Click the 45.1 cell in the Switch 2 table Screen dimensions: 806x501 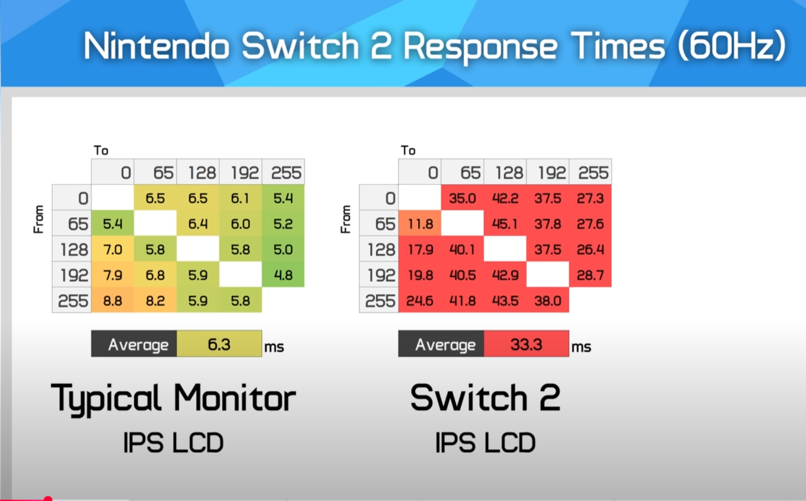pos(505,224)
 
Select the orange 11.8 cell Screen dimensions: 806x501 pos(419,224)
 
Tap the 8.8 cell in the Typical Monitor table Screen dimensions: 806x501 pos(113,300)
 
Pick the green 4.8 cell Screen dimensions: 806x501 pos(283,275)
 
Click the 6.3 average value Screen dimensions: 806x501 pos(219,344)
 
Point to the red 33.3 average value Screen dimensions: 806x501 pos(526,344)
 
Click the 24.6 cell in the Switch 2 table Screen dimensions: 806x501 pos(419,300)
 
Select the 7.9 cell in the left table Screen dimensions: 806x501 pos(113,275)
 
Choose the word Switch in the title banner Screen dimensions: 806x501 pos(301,46)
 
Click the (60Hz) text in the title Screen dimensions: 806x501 pos(732,46)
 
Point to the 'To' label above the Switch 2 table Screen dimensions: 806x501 pos(408,150)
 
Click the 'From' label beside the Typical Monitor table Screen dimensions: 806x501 pos(39,219)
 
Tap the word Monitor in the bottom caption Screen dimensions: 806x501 pos(235,398)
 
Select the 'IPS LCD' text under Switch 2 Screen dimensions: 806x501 pos(486,442)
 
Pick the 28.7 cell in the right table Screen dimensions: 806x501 pos(590,275)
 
